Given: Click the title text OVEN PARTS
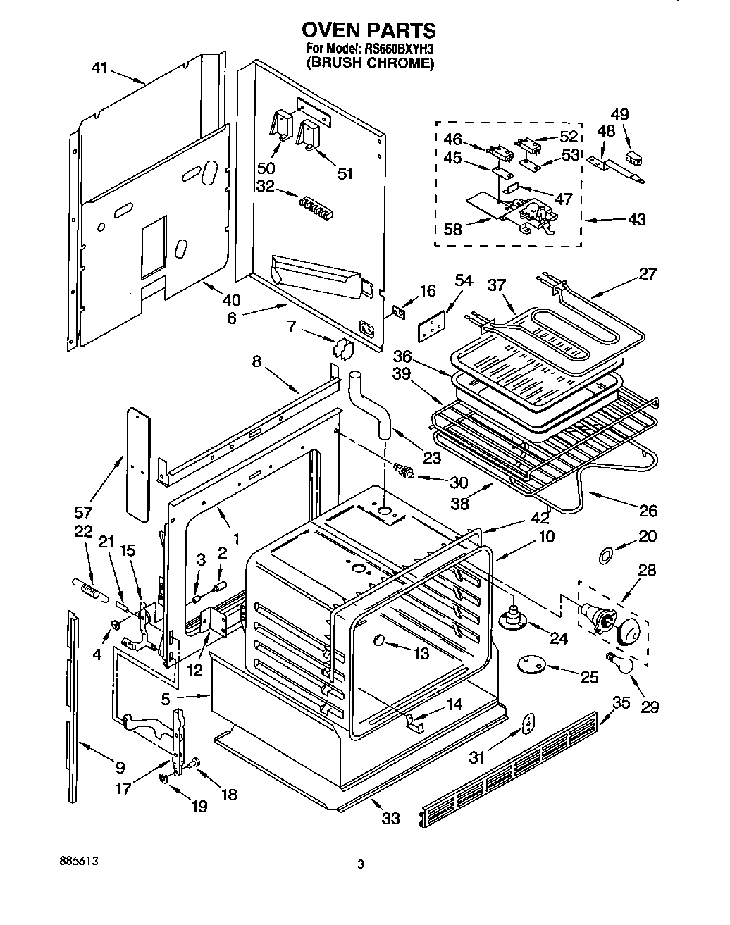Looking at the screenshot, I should click(369, 30).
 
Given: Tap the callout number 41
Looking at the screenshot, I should click(99, 68).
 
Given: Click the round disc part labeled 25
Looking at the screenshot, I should click(532, 664).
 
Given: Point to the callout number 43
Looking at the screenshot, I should click(636, 221).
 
